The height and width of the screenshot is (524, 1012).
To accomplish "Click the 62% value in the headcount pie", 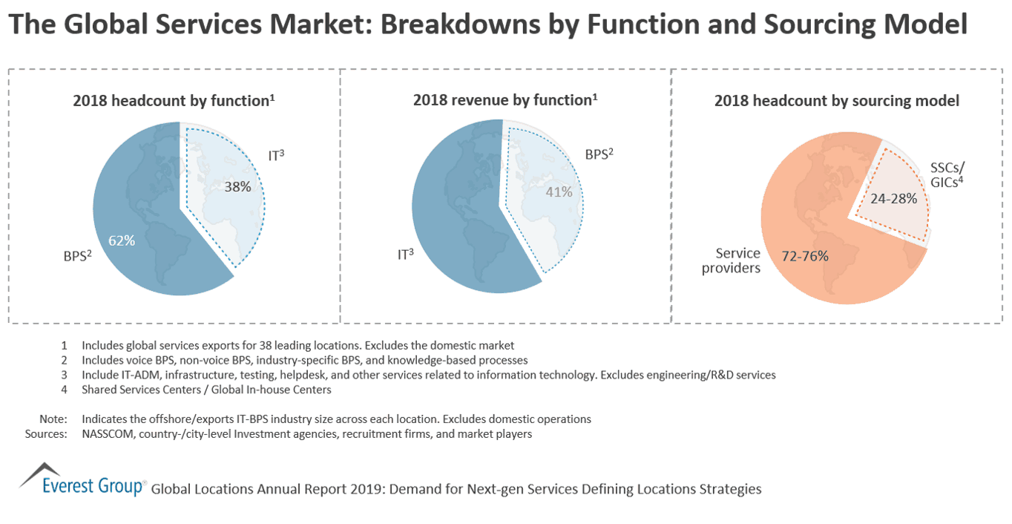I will (121, 240).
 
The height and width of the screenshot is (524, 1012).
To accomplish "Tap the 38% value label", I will (237, 187).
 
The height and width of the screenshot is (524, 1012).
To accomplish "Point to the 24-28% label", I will (894, 199).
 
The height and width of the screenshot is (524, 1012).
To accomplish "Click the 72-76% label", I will (805, 256).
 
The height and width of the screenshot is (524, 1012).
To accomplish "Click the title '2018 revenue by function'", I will (505, 100).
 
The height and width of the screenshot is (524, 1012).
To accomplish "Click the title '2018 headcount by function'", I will (174, 100).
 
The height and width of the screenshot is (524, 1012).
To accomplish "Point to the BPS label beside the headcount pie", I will (76, 258).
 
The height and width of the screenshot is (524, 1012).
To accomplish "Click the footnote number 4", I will (64, 390).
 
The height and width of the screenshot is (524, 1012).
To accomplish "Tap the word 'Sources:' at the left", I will (46, 434).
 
